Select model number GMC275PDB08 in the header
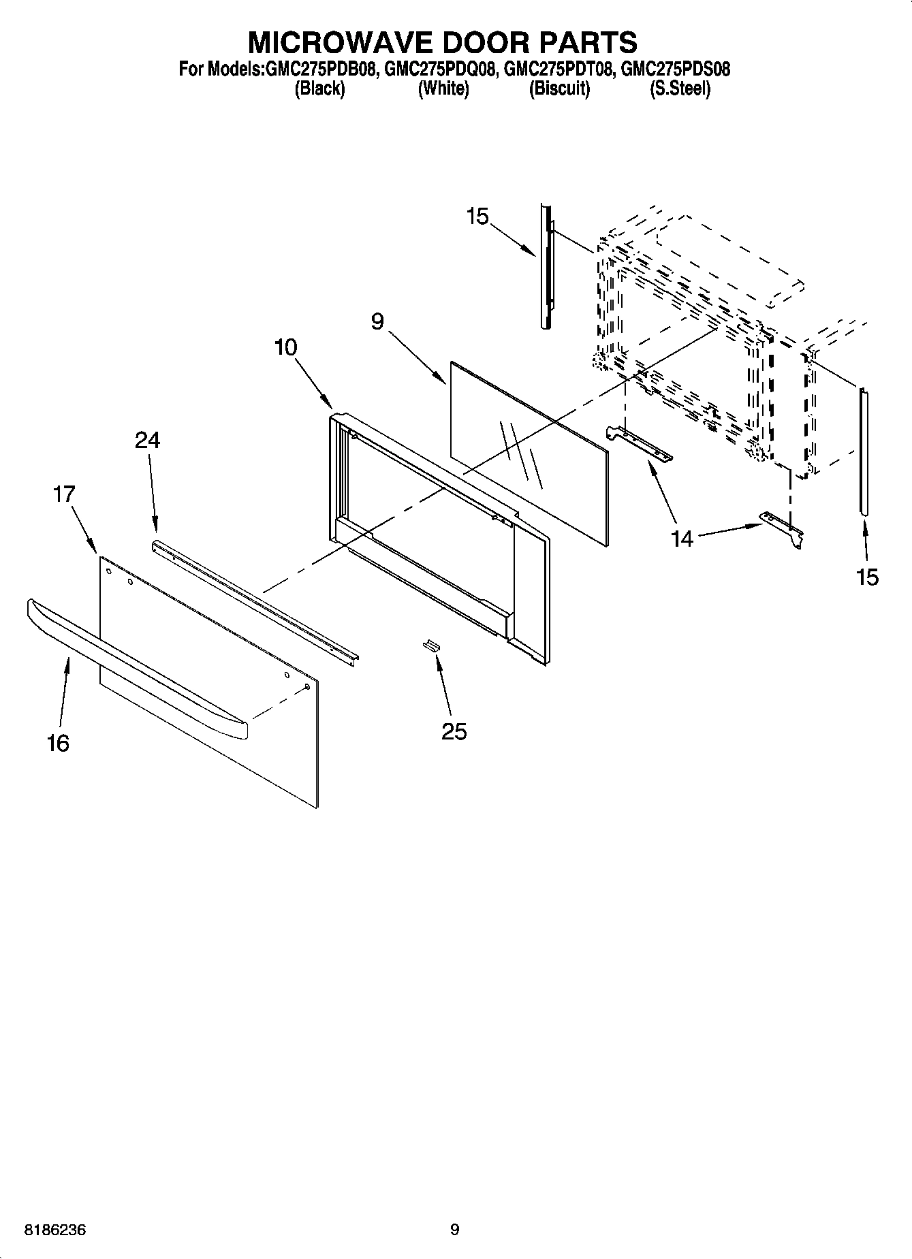pos(320,69)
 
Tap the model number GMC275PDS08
pos(676,69)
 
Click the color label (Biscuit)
pos(559,89)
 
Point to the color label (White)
pos(443,89)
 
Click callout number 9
pos(377,321)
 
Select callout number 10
pos(285,347)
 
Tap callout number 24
pos(147,441)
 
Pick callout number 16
pos(58,743)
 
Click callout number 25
pos(454,731)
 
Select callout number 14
pos(681,539)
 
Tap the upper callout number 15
pos(477,217)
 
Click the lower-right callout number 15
pos(867,577)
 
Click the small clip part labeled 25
pos(431,645)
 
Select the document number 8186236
pos(55,1230)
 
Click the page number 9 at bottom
pos(455,1229)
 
